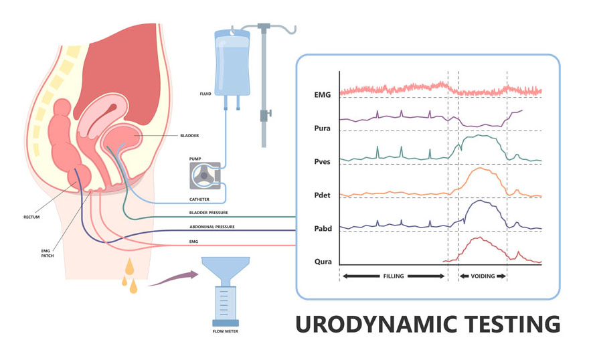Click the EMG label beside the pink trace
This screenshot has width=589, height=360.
coord(323,94)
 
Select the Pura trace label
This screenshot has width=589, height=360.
coord(323,128)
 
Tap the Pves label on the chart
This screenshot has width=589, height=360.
coord(323,161)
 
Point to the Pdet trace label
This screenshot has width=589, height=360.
coord(323,195)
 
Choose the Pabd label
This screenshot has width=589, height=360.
coord(323,228)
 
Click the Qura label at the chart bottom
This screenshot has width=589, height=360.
coord(323,262)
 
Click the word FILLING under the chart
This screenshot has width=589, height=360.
coord(394,276)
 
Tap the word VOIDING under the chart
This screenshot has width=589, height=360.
coord(483,276)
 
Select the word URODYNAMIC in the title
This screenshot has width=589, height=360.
coord(376,324)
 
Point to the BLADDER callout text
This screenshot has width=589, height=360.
coord(189,136)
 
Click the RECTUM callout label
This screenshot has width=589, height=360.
coord(31,217)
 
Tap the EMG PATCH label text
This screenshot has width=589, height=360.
coord(48,254)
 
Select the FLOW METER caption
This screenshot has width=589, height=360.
coord(226,331)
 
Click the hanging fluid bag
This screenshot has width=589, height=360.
coord(232,64)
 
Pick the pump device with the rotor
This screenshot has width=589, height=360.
coord(205,176)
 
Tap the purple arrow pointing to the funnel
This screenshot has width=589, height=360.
coord(173,278)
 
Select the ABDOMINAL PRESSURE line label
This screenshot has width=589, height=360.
coord(212,227)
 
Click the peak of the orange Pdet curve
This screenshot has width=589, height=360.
coord(481,168)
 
